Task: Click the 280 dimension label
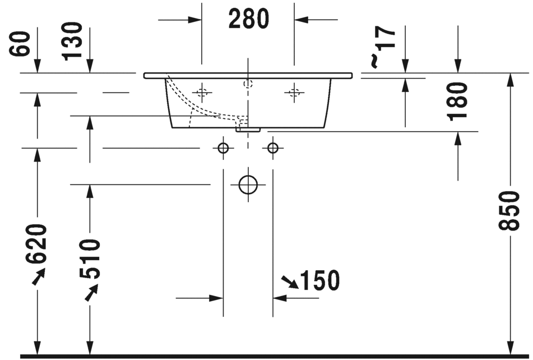click(248, 20)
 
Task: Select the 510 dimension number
click(90, 259)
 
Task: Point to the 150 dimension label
click(321, 280)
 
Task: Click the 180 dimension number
click(458, 101)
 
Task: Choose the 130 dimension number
click(73, 41)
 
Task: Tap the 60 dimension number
click(20, 43)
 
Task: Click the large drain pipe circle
click(248, 184)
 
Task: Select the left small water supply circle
click(223, 148)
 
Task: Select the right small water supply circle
click(273, 148)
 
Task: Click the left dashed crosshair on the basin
click(202, 91)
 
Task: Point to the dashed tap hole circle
click(248, 84)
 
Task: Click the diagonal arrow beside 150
click(290, 281)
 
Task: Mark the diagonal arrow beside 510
click(91, 292)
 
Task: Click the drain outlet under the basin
click(248, 129)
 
